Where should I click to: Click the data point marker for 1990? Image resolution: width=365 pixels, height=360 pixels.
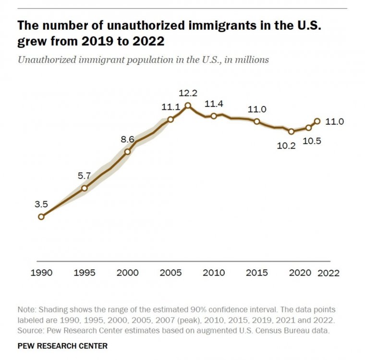point(41,216)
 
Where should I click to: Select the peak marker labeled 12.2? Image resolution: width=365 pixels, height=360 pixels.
point(188,106)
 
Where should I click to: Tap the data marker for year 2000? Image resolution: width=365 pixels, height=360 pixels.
point(128,152)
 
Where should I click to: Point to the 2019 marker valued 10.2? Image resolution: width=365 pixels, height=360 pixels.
point(291,131)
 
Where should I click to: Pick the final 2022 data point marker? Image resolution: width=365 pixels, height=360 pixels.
point(317,121)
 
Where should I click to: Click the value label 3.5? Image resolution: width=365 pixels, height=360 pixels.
point(41,204)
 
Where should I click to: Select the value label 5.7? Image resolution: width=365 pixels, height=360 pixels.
point(84,176)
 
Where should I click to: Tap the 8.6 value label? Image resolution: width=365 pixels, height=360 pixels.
point(127,139)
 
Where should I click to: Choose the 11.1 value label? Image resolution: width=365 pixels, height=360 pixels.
point(170,108)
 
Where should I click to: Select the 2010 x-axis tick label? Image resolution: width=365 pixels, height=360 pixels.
point(214,273)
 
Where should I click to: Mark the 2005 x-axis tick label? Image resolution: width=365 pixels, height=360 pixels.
point(170,273)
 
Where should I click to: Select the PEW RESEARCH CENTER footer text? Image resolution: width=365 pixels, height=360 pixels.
point(62,346)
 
